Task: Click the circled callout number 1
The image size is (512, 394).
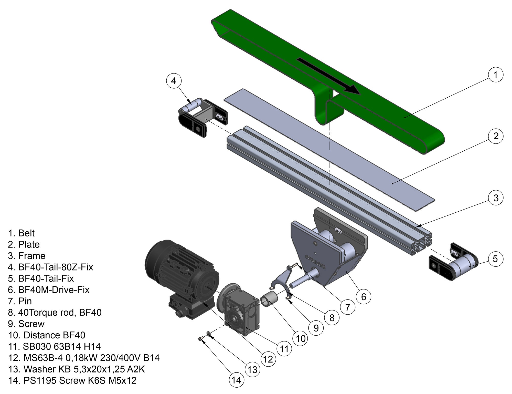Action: coord(495,75)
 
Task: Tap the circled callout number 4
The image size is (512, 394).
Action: coord(174,81)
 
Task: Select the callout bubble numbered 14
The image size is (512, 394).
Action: coord(236,380)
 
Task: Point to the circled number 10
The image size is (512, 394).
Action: coord(301,339)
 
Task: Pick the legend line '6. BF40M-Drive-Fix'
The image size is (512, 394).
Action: coord(49,290)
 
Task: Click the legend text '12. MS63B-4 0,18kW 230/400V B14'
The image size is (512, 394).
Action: coord(84,358)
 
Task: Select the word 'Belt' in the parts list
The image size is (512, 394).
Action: coord(26,233)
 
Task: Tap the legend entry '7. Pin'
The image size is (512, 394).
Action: coord(20,301)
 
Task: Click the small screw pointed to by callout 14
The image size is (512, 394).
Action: coord(200,339)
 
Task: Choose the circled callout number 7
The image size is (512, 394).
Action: coord(347,307)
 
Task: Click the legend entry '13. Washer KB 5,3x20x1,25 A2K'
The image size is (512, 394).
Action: coord(77,369)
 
